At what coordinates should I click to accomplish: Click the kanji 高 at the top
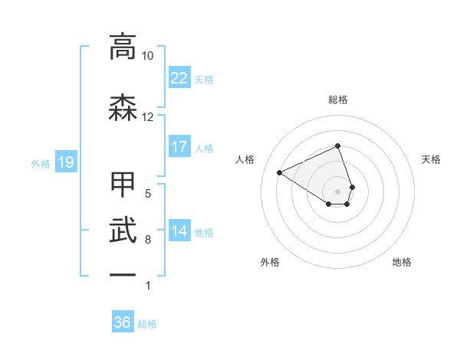(123, 47)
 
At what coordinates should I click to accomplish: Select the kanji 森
(123, 107)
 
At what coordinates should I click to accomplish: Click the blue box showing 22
(179, 77)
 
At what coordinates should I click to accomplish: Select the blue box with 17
(179, 147)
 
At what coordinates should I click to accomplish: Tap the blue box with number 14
(179, 231)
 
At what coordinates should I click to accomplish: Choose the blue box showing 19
(65, 162)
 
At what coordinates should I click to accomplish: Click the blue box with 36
(123, 322)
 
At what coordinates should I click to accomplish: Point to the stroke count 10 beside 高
(148, 57)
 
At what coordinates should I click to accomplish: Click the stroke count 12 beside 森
(148, 117)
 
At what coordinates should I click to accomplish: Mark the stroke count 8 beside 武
(148, 240)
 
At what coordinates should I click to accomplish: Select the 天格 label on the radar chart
(431, 159)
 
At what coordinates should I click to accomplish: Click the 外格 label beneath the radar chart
(270, 262)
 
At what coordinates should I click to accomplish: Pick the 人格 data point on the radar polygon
(280, 172)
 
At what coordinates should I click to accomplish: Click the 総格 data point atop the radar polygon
(338, 146)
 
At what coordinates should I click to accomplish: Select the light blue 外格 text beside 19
(40, 163)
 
